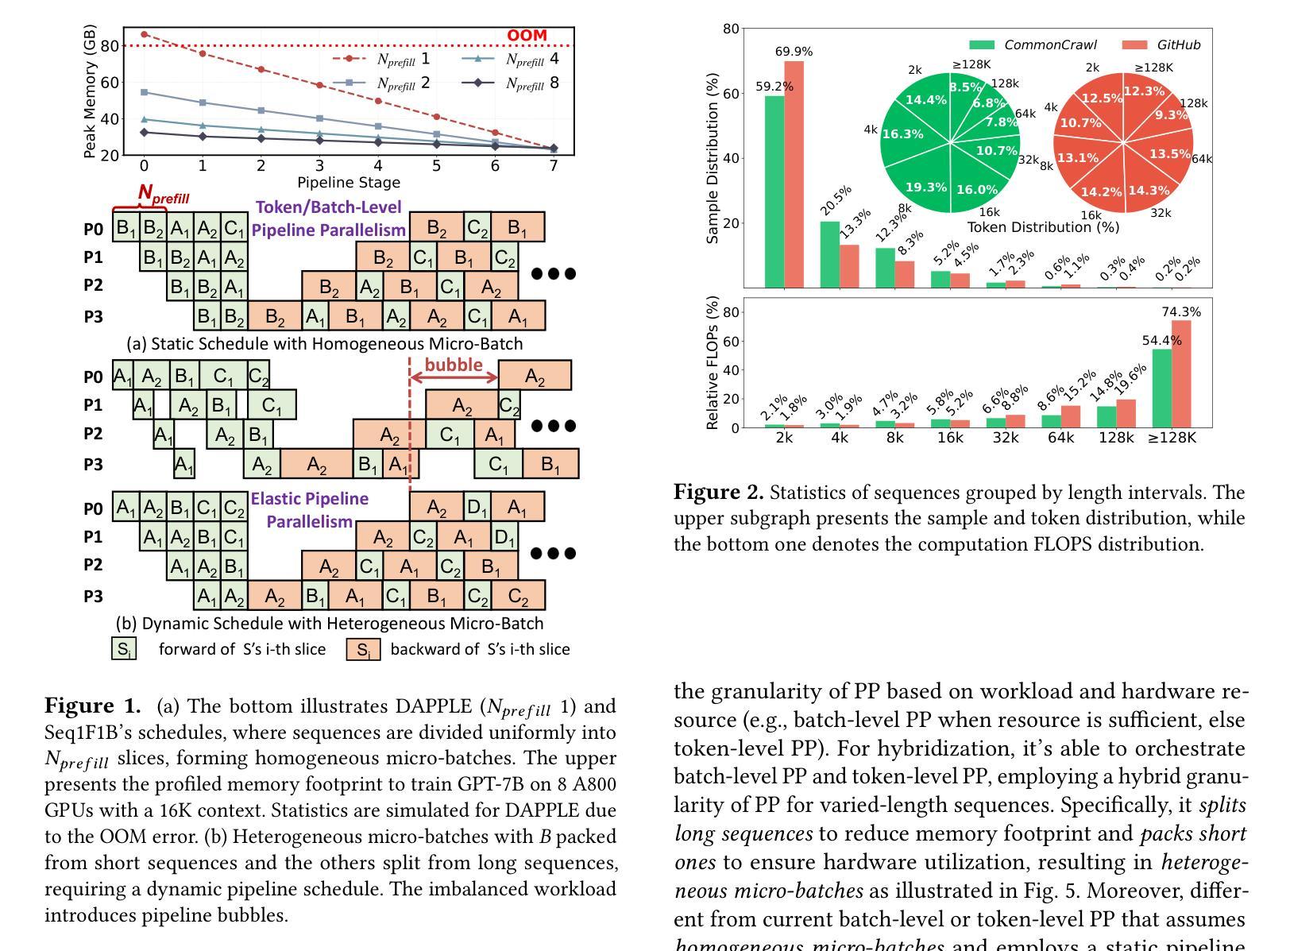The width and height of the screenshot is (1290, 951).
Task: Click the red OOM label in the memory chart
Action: coord(527,36)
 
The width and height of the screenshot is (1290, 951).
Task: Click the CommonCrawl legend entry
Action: coord(1033,45)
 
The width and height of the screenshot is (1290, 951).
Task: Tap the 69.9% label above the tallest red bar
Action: coord(794,52)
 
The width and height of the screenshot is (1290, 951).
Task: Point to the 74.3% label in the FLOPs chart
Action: coord(1181,312)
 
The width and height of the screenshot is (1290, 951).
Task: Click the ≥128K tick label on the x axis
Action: coord(1172,438)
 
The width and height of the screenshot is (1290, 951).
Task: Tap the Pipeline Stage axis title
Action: coord(349,182)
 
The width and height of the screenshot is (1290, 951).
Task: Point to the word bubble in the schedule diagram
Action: coord(454,365)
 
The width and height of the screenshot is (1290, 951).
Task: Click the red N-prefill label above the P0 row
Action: coord(163,193)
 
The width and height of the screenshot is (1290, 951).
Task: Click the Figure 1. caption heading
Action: coord(92,706)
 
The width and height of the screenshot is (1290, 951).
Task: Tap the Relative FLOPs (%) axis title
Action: coord(713,363)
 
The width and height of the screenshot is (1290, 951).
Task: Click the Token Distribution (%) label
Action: coord(1043,227)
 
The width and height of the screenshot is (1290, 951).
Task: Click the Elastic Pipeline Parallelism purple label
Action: coord(309,510)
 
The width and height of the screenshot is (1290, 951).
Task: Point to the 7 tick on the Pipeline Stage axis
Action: coord(554,166)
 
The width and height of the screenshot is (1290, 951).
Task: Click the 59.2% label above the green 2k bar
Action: coord(774,87)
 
